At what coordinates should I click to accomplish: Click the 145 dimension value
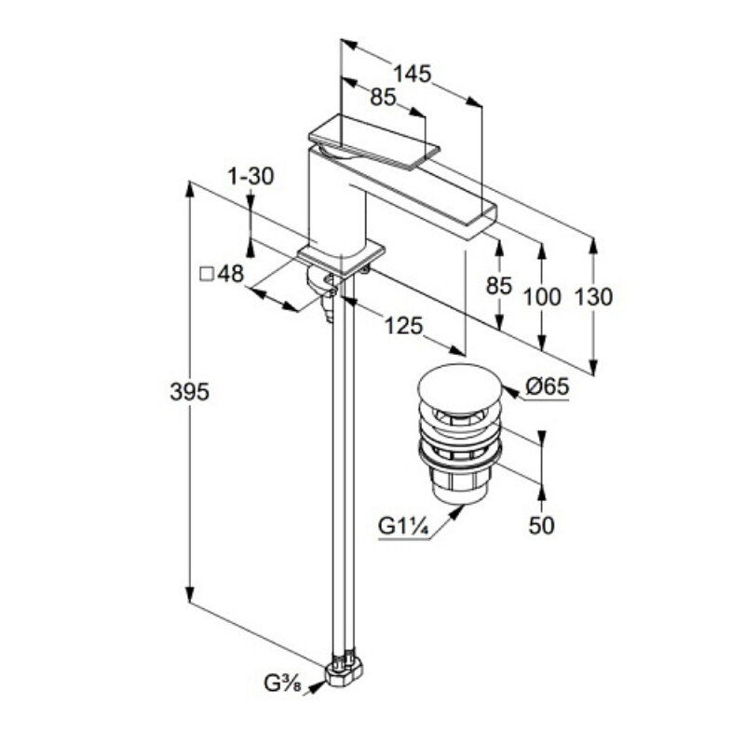[x=412, y=74]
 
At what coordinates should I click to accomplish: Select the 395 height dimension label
[x=189, y=391]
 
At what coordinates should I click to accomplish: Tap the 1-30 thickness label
[x=251, y=176]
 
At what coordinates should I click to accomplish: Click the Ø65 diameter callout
[x=547, y=386]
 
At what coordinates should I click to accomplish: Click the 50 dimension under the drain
[x=541, y=525]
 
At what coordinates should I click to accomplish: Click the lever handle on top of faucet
[x=372, y=143]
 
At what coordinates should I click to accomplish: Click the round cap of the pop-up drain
[x=458, y=384]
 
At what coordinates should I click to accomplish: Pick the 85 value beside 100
[x=500, y=286]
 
